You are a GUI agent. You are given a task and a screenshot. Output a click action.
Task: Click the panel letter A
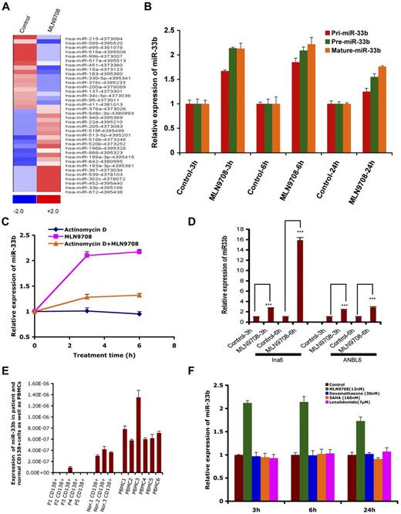pyautogui.click(x=6, y=6)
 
